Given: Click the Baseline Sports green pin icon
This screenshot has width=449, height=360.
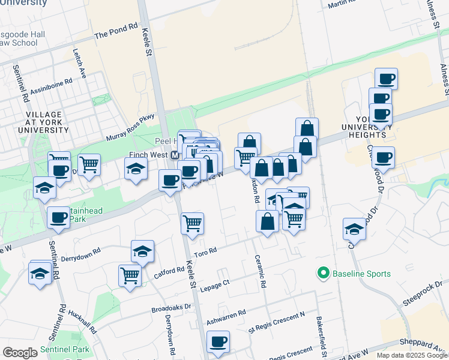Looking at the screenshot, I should click(x=323, y=274).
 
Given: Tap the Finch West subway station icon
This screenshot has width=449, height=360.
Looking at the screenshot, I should click(x=175, y=155).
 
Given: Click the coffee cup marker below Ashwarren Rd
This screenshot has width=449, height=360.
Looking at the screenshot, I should click(x=218, y=343).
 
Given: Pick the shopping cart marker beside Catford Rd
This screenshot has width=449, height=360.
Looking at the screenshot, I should click(x=130, y=275).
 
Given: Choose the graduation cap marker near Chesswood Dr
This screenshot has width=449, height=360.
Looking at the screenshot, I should click(x=355, y=229).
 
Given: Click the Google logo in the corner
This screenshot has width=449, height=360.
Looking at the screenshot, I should click(x=20, y=353).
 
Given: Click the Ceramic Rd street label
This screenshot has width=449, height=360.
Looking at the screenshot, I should click(x=262, y=270).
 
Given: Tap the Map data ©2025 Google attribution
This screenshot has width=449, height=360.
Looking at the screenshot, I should click(x=412, y=355).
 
